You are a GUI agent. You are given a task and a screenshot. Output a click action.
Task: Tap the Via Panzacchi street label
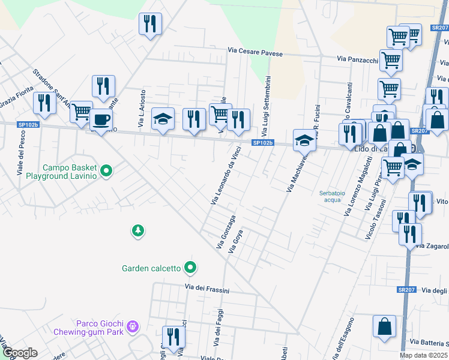(x=357, y=59)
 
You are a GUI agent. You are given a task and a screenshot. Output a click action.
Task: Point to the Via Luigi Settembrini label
(x=268, y=105)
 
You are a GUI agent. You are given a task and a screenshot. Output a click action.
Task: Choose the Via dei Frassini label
(x=207, y=289)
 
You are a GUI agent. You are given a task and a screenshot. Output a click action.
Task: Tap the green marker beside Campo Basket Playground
(x=106, y=172)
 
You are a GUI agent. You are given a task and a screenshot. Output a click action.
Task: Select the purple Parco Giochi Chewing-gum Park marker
(x=133, y=327)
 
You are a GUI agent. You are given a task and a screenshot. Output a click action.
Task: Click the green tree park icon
(x=138, y=230)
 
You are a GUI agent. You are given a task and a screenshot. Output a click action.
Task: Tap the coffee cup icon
(x=101, y=119)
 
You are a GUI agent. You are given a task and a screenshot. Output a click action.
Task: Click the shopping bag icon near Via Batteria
(x=384, y=326)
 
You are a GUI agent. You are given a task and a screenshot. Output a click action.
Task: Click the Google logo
(x=19, y=353)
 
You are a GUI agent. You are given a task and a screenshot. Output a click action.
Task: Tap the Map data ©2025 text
(x=424, y=355)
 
